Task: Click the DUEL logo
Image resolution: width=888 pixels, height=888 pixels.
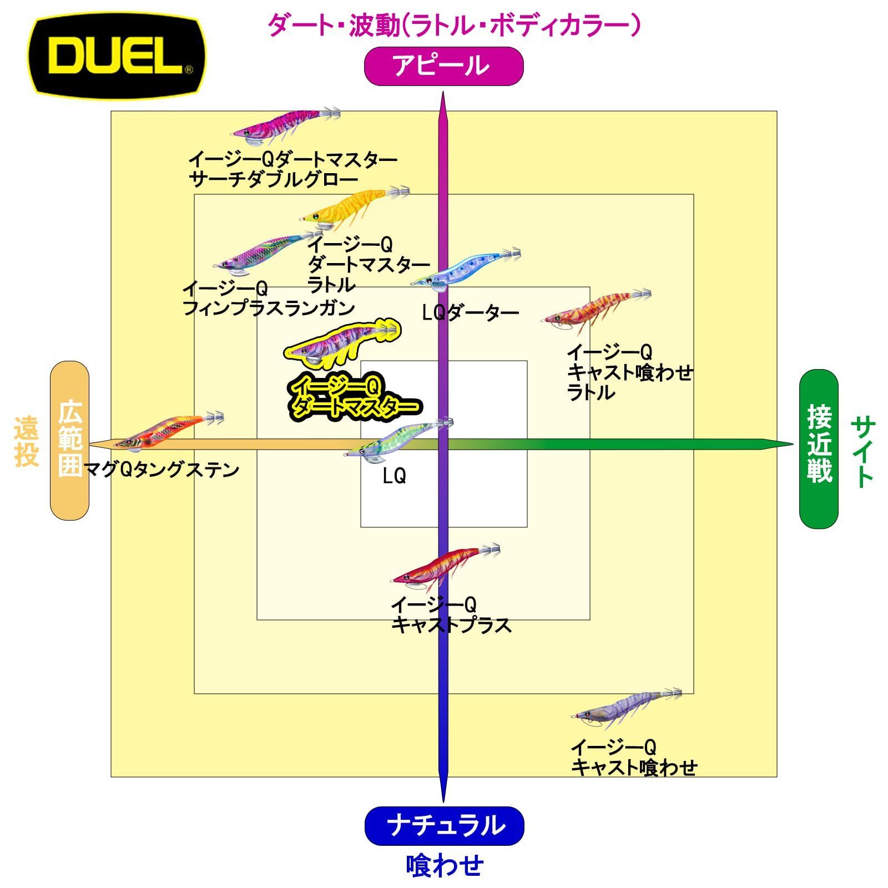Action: pos(117,56)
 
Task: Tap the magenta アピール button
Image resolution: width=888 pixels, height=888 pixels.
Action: pos(443,66)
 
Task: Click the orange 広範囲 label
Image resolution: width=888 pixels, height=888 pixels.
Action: pos(70,440)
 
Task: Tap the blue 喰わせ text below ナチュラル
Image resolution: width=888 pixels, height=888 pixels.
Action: pos(445,865)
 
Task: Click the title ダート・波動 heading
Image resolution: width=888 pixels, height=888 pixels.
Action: pos(454,26)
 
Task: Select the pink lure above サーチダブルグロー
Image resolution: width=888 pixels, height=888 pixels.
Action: pos(286,125)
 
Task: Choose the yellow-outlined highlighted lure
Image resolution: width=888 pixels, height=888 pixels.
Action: pos(341,344)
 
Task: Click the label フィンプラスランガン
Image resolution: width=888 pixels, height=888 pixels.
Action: pos(269,307)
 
